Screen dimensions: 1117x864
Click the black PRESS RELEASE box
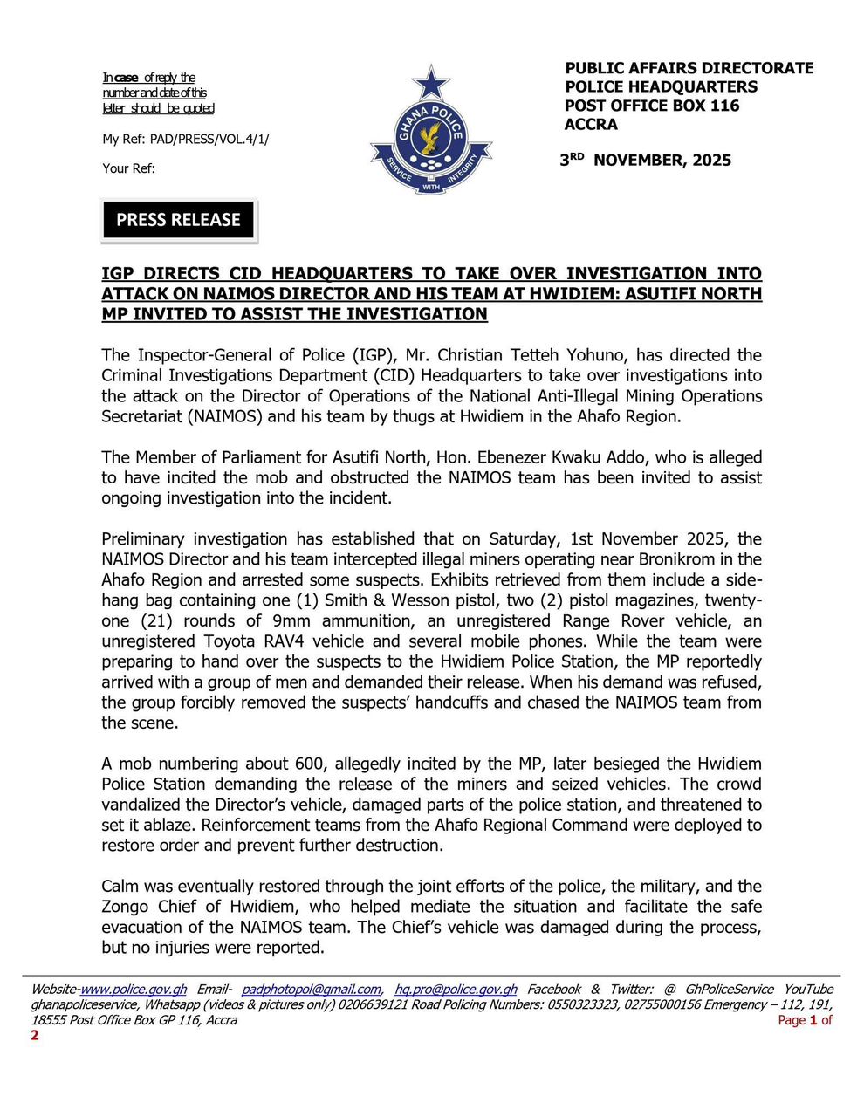pyautogui.click(x=179, y=220)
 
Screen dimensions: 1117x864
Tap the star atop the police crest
pyautogui.click(x=430, y=84)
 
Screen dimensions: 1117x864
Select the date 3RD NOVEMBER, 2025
pyautogui.click(x=646, y=161)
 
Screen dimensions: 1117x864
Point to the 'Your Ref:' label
pyautogui.click(x=129, y=168)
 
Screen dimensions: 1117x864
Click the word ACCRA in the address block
pyautogui.click(x=591, y=125)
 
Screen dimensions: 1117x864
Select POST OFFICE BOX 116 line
pyautogui.click(x=652, y=106)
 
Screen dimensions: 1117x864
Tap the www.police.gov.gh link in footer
pyautogui.click(x=134, y=990)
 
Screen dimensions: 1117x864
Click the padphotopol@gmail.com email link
pyautogui.click(x=311, y=990)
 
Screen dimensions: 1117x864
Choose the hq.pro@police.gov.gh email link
pyautogui.click(x=456, y=990)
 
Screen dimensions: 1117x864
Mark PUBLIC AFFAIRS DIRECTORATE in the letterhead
pyautogui.click(x=689, y=68)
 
